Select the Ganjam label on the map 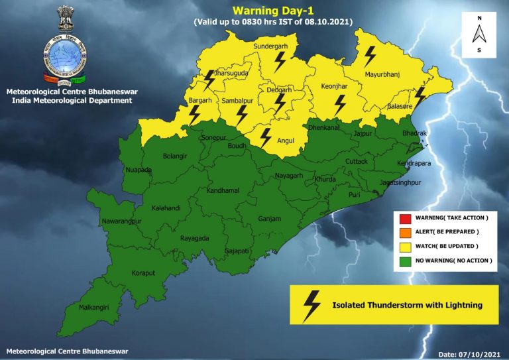270,217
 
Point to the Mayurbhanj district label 382,84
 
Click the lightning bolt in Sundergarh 280,62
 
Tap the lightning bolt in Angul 265,138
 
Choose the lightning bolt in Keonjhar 340,105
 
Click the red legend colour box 405,218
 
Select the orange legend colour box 405,232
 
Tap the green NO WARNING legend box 405,261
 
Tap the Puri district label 355,194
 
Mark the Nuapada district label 138,170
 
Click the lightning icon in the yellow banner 310,305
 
